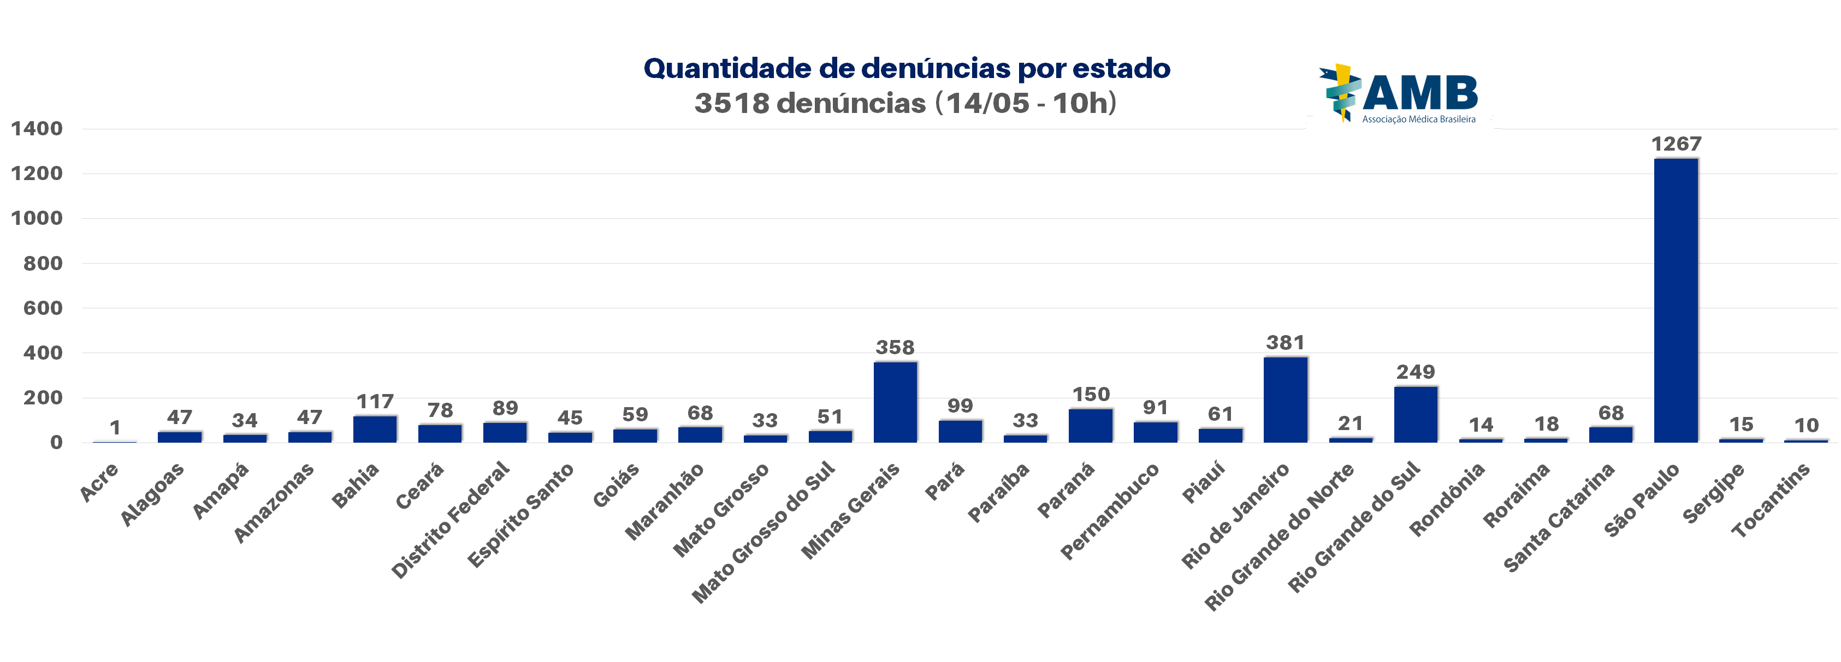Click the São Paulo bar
pyautogui.click(x=1676, y=300)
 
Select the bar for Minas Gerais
pyautogui.click(x=895, y=402)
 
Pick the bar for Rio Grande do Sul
pyautogui.click(x=1415, y=414)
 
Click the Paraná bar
pyautogui.click(x=1091, y=426)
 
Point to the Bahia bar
pyautogui.click(x=375, y=429)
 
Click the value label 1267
pyautogui.click(x=1676, y=144)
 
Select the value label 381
pyautogui.click(x=1285, y=343)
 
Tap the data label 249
pyautogui.click(x=1415, y=372)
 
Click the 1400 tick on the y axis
pyautogui.click(x=37, y=129)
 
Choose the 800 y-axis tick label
pyautogui.click(x=43, y=264)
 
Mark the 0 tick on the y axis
pyautogui.click(x=56, y=443)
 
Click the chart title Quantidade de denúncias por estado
pyautogui.click(x=906, y=69)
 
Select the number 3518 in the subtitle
pyautogui.click(x=731, y=104)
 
